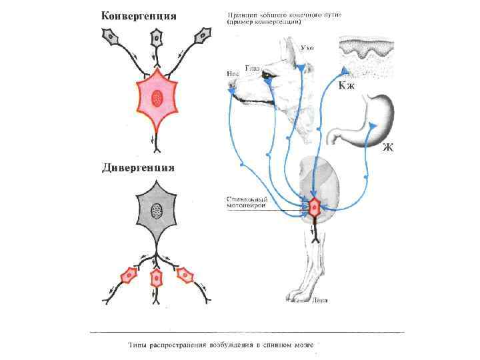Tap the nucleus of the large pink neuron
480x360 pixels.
click(157, 99)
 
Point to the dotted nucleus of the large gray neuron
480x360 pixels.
click(157, 212)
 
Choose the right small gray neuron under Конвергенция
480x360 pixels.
click(201, 37)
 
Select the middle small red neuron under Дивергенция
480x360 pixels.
click(157, 277)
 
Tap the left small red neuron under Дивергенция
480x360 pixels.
click(127, 275)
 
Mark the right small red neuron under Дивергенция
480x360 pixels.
click(185, 274)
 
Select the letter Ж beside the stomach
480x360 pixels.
click(387, 147)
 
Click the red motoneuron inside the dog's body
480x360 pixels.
click(313, 207)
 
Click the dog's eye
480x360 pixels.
click(267, 75)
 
